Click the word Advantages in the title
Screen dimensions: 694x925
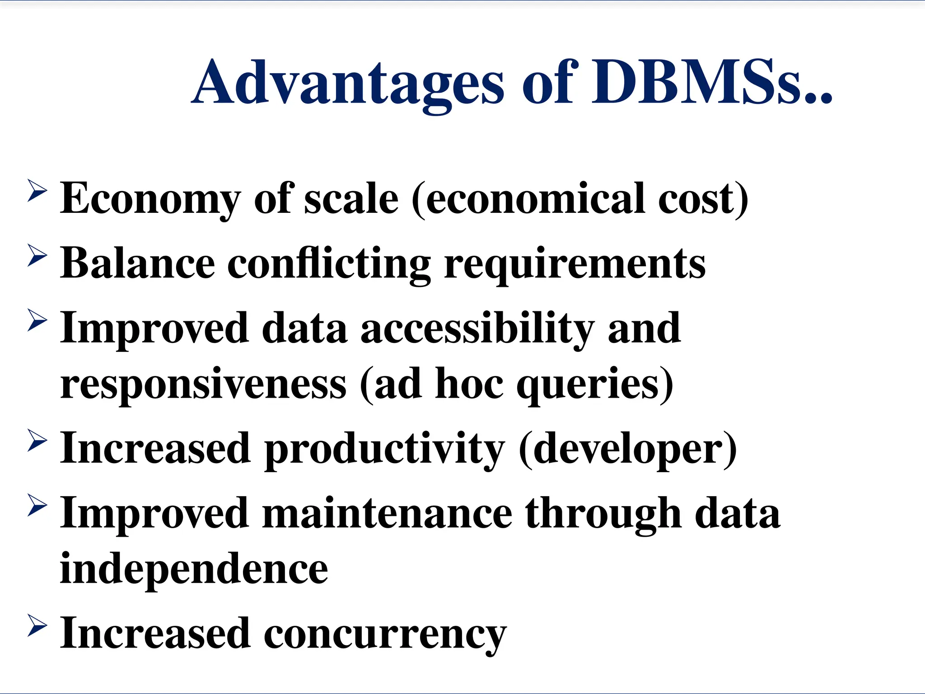pos(348,84)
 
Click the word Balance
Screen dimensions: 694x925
pos(138,263)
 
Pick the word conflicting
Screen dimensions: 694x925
pos(329,263)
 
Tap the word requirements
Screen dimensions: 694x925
pos(575,263)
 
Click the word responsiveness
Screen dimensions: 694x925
pos(203,384)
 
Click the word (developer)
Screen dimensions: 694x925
pos(628,449)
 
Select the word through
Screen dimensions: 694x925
pos(603,514)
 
